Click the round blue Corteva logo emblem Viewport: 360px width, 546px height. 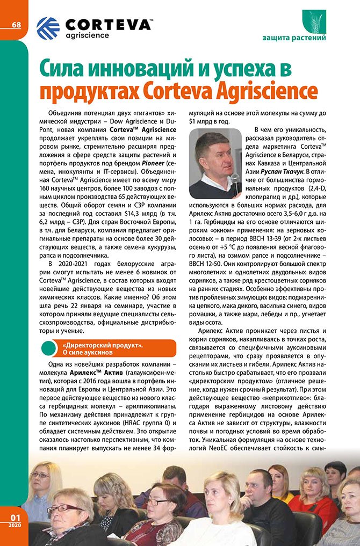(x=48, y=28)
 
